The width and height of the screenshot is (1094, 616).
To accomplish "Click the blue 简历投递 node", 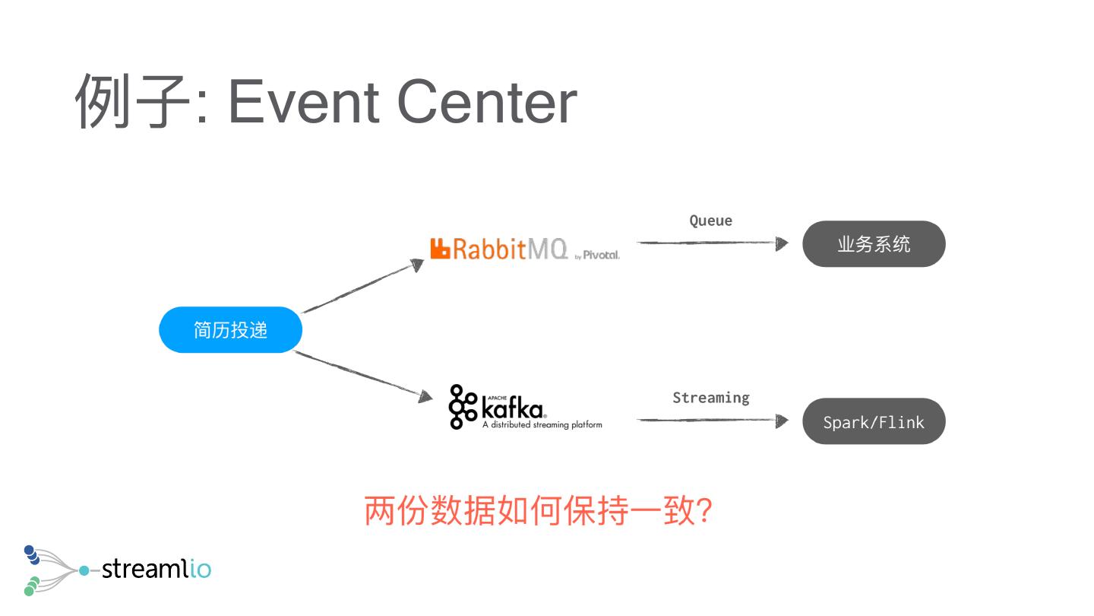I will point(230,330).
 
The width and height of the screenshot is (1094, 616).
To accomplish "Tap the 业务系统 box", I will point(874,244).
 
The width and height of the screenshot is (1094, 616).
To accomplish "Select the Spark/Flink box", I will point(874,421).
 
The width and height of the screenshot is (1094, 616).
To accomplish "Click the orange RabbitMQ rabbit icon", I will point(441,249).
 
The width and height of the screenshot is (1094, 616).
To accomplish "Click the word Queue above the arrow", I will point(710,221).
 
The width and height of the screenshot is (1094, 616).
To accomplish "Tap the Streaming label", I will point(710,398).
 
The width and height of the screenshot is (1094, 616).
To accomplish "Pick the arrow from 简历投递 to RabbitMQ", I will point(362,287).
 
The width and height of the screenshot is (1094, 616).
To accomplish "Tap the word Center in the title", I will point(487,103).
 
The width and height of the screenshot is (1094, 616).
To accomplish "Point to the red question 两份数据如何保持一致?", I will point(538,511).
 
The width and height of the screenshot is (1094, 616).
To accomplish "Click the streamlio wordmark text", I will point(156,568).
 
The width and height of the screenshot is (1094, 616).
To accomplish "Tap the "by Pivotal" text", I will point(598,256).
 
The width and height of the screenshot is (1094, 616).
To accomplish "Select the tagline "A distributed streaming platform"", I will point(542,425).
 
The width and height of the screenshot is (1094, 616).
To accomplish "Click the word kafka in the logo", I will point(514,411).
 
